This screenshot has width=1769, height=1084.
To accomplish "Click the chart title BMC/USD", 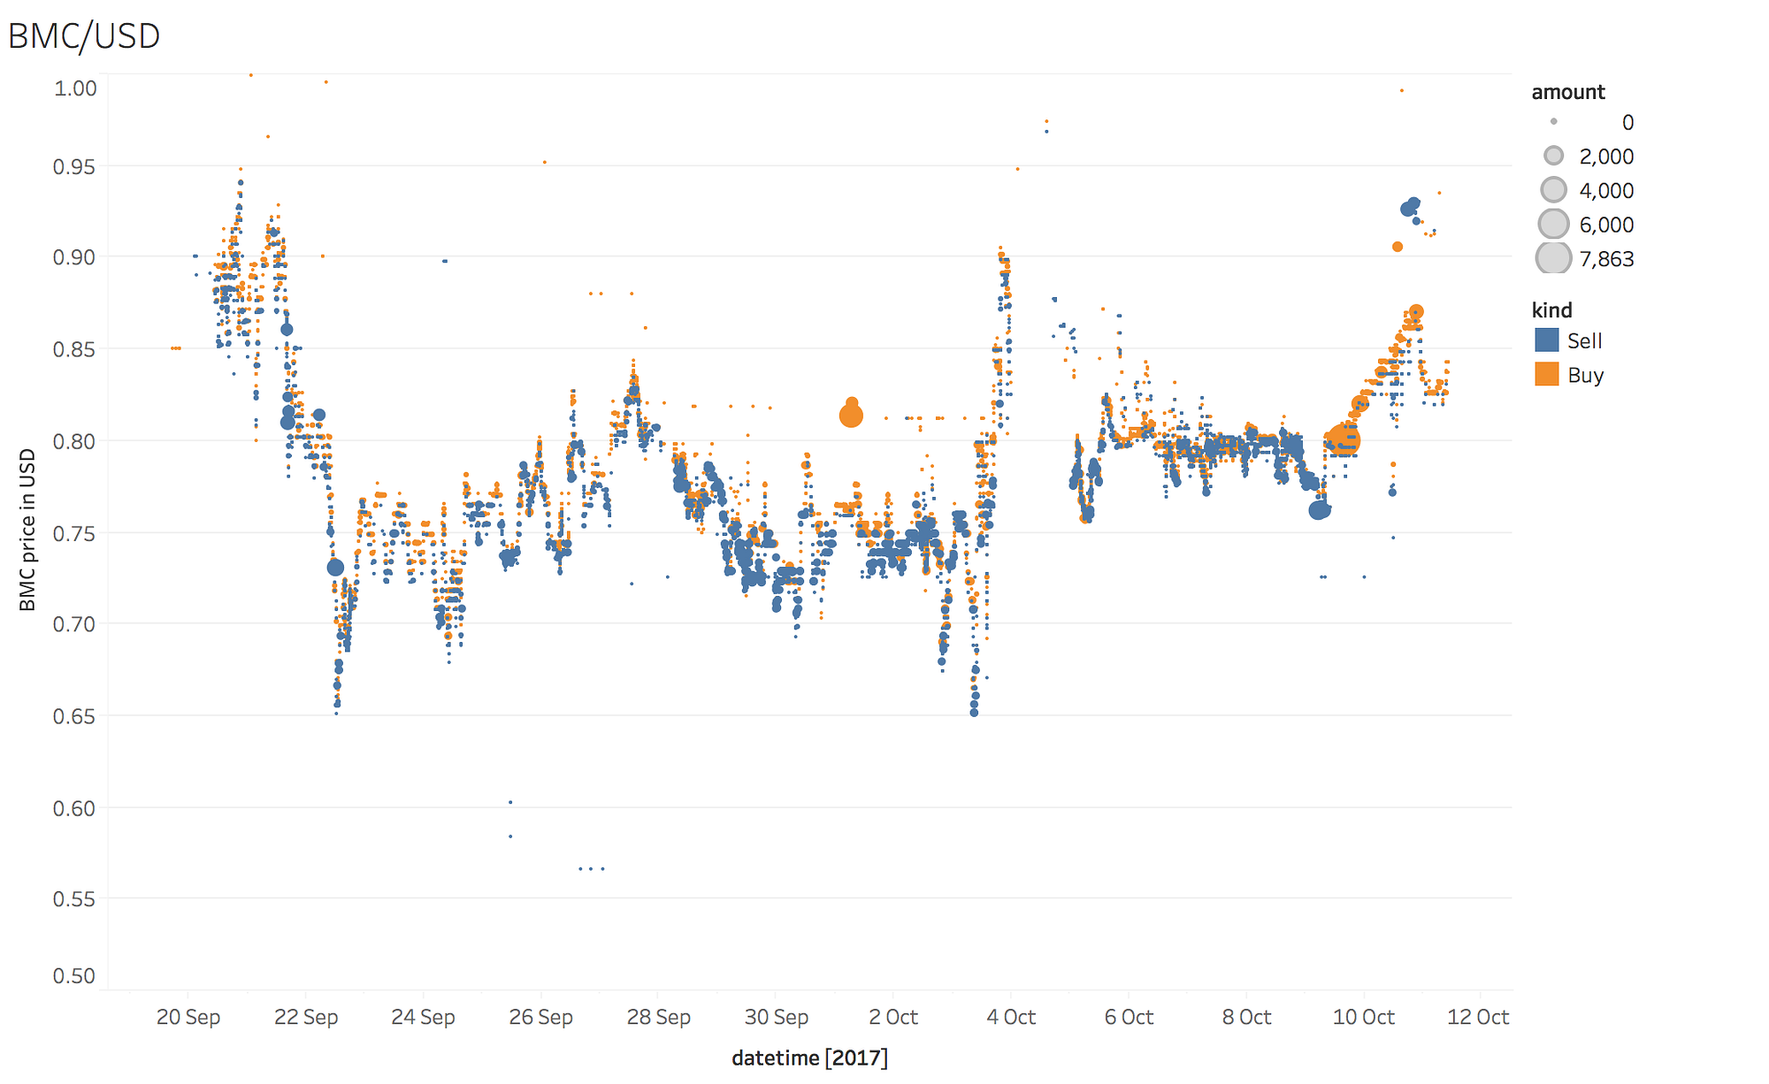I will point(84,36).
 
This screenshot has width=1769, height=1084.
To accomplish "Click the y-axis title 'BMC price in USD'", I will point(28,530).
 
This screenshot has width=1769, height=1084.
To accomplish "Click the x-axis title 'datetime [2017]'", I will point(809,1057).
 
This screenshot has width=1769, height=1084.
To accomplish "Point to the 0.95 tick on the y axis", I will point(74,167).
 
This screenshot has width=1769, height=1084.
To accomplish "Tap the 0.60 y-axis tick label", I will point(74,808).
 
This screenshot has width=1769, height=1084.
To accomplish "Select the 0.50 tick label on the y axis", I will point(74,976).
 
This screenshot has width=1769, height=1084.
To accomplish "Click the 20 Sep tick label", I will point(188,1017).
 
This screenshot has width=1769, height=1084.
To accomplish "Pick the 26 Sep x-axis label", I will point(540,1017).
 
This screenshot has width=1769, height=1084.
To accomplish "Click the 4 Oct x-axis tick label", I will point(1011,1017).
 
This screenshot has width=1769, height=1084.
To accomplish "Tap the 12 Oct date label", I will point(1478,1017).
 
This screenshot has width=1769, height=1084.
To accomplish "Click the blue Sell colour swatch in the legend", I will point(1547,340).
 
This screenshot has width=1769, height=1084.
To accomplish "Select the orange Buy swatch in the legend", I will point(1547,374).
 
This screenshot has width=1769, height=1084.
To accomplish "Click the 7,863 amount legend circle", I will point(1554,258).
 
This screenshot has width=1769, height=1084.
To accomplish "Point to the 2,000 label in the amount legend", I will point(1606,156).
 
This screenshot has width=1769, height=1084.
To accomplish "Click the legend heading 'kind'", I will point(1552,310).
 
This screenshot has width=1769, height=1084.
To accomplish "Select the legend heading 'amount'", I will point(1567,92).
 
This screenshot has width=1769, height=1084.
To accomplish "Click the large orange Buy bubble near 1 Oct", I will point(851,415).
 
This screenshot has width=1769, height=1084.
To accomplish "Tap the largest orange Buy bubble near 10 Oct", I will point(1346,440).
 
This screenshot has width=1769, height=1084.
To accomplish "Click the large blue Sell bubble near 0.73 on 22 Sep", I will point(335,568).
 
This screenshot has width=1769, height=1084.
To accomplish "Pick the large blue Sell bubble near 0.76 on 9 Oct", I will point(1319,510).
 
